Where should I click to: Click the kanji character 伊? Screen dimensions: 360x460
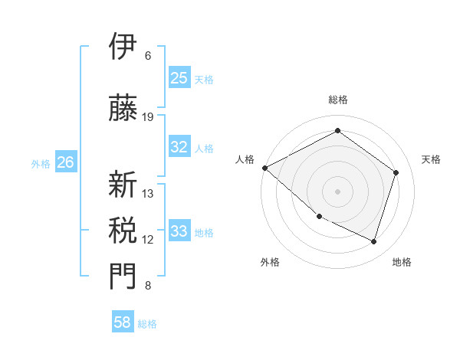coord(123,47)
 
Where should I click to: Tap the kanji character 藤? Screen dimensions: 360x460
coord(123,108)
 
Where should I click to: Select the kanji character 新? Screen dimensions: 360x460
coord(123,185)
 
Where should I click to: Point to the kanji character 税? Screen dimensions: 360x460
coord(123,230)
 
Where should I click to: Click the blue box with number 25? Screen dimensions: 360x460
coord(179,77)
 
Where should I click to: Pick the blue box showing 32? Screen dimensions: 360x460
coord(179,147)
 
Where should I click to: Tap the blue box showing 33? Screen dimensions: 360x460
coord(179,231)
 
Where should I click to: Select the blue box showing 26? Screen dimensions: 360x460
coord(65,162)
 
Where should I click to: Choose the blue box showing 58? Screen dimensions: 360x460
coord(123,322)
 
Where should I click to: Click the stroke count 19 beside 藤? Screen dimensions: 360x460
coord(148,116)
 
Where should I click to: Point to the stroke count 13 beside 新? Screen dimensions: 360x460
coord(148,193)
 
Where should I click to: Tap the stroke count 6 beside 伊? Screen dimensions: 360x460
coord(148,55)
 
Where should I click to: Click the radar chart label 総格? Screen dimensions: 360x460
coord(337,100)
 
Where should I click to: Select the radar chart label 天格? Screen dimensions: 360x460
coord(431,159)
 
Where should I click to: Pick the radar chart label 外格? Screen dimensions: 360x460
coord(270,262)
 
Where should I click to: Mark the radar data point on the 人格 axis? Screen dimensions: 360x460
coord(264,168)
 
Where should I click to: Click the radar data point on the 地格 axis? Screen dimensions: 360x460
coord(374,242)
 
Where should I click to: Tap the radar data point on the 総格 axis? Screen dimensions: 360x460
coord(337,131)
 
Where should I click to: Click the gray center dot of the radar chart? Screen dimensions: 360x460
coord(337,191)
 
